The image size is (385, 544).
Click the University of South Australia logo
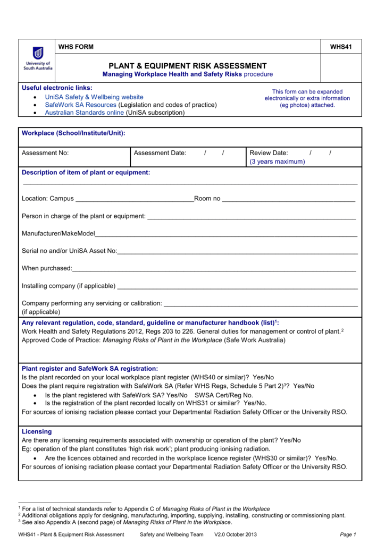pos(38,60)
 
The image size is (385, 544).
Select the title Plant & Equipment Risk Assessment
pos(188,65)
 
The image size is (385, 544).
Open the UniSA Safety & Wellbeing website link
pos(94,97)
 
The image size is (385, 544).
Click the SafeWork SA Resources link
pos(80,105)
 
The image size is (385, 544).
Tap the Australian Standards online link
pos(84,113)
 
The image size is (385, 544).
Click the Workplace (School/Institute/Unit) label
pos(73,133)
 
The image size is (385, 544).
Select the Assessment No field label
pos(45,153)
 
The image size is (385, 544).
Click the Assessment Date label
pos(160,153)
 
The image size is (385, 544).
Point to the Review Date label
pos(269,153)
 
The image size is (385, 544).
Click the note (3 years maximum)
pos(277,161)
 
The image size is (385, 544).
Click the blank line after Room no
pos(288,199)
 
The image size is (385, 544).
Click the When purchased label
pos(47,268)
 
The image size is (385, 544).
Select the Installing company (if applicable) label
pos(69,286)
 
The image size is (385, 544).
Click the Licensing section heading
pos(37,431)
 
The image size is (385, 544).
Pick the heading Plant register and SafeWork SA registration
pos(90,368)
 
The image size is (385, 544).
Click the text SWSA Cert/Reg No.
pos(224,395)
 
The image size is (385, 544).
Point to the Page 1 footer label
pos(347,534)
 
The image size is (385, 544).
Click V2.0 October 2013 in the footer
pos(236,534)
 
